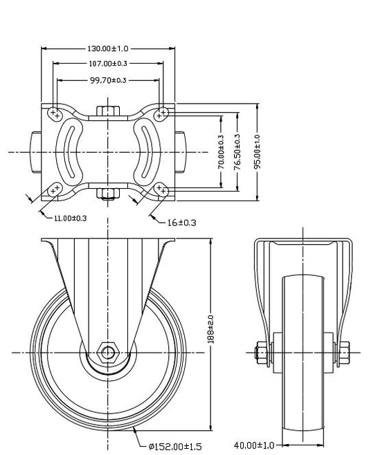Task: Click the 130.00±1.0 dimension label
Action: pyautogui.click(x=108, y=48)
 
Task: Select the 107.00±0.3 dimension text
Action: pyautogui.click(x=108, y=63)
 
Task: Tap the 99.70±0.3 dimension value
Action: pyautogui.click(x=108, y=80)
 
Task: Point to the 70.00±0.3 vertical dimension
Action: pyautogui.click(x=222, y=152)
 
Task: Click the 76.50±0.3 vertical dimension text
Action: pyautogui.click(x=237, y=151)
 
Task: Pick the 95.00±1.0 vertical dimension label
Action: pyautogui.click(x=258, y=151)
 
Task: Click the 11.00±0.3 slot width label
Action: pyautogui.click(x=71, y=219)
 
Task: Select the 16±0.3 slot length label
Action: pyautogui.click(x=182, y=223)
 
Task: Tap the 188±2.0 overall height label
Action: pyautogui.click(x=211, y=330)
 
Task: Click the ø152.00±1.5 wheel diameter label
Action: pyautogui.click(x=175, y=446)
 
